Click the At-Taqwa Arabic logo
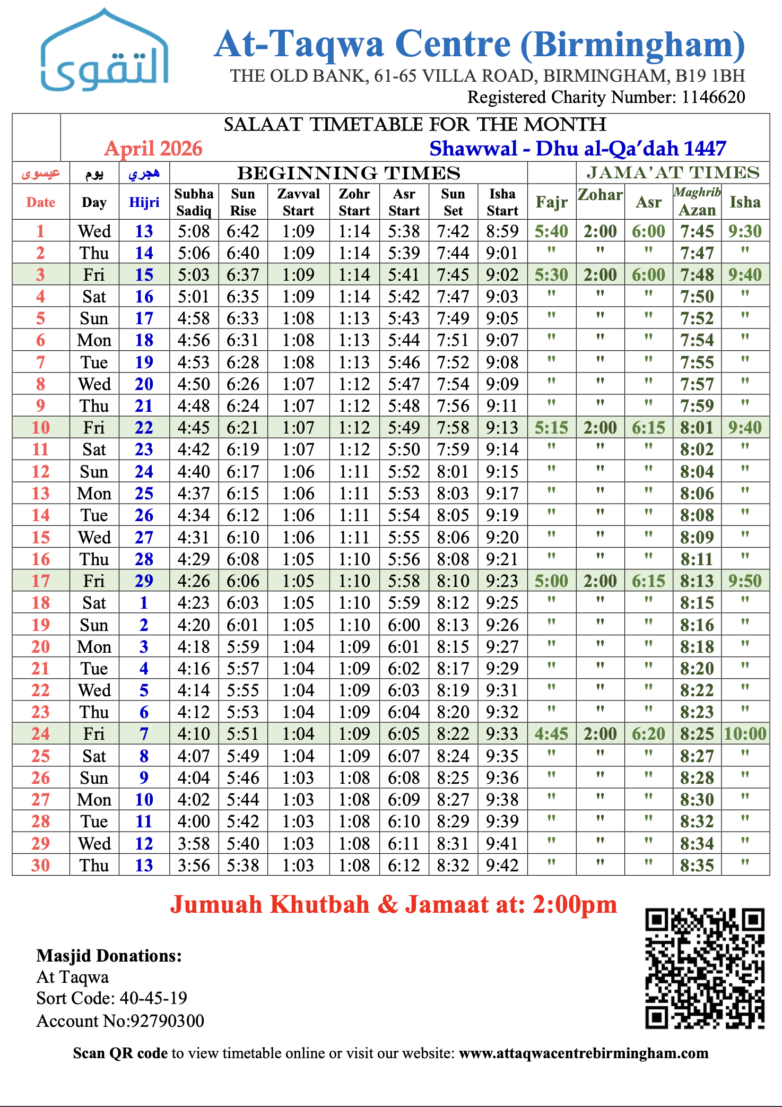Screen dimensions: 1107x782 tap(105, 51)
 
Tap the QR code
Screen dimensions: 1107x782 tap(705, 968)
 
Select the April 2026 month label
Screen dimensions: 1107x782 tap(153, 149)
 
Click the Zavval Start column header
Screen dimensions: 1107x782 tap(298, 202)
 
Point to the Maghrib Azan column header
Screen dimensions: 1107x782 tap(697, 202)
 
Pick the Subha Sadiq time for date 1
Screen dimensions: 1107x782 tap(194, 231)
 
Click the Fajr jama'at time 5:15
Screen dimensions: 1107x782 tap(551, 428)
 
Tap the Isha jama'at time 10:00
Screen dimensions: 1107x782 tap(745, 734)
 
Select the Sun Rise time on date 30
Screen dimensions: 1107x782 tap(243, 866)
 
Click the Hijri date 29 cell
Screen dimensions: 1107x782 tap(144, 581)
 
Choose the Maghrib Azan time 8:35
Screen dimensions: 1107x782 tap(697, 866)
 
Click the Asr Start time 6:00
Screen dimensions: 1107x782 tap(404, 625)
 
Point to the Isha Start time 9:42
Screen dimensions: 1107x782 tap(502, 866)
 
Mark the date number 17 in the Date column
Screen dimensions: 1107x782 tap(41, 581)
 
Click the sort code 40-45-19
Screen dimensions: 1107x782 tap(153, 998)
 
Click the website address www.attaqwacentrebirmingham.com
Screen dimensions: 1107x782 tap(584, 1053)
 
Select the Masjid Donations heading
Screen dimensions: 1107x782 tap(109, 956)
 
